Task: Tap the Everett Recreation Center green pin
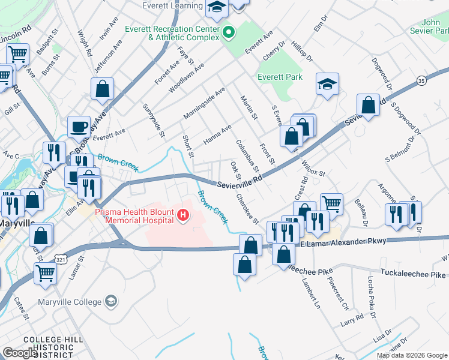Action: [x=228, y=32]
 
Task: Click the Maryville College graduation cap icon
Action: [x=110, y=300]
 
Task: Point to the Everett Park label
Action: [x=280, y=77]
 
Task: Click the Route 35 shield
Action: [x=421, y=79]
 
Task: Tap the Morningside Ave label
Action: [x=204, y=102]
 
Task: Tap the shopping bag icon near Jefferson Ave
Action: [x=103, y=89]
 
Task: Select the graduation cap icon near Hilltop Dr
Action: [x=328, y=84]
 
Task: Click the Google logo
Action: [x=20, y=353]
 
